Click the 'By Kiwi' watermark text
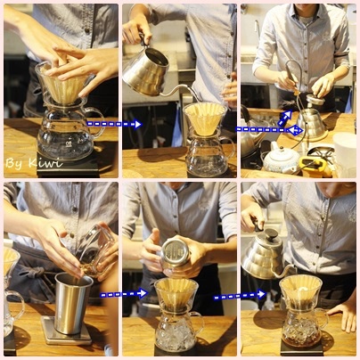34,163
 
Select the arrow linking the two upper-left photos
114,124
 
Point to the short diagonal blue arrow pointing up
284,118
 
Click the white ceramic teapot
280,159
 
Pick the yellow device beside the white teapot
315,167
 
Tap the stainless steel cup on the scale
73,304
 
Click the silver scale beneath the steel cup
67,332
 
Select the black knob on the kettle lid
271,234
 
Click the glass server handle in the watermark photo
97,122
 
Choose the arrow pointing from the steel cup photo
124,294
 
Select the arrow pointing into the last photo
240,295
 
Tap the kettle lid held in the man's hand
315,100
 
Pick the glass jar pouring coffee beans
95,251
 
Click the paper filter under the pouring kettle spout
205,119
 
